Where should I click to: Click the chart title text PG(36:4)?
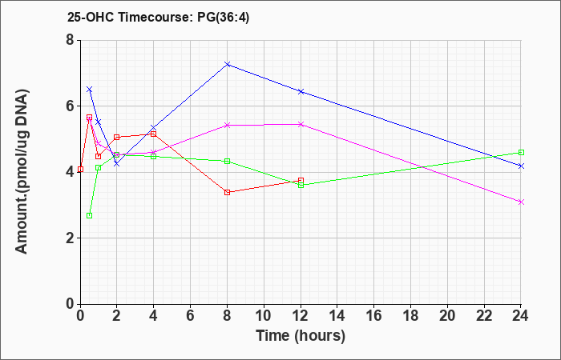223,17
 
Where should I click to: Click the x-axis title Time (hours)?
301,336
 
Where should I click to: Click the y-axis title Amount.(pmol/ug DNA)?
22,172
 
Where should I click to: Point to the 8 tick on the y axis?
70,40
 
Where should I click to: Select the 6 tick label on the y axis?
70,106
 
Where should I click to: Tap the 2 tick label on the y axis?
70,238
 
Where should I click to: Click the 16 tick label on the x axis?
374,316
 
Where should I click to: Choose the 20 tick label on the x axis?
447,316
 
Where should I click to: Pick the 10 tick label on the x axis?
264,316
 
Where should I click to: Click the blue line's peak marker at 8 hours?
227,64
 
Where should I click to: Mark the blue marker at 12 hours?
301,92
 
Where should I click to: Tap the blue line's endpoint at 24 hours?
521,166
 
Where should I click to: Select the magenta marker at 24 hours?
521,202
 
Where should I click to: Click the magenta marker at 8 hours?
227,126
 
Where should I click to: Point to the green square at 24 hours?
521,153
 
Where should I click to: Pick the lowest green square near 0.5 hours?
90,216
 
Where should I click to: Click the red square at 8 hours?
227,193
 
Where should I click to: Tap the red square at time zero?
80,170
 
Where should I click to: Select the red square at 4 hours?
154,134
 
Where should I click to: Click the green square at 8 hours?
227,162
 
